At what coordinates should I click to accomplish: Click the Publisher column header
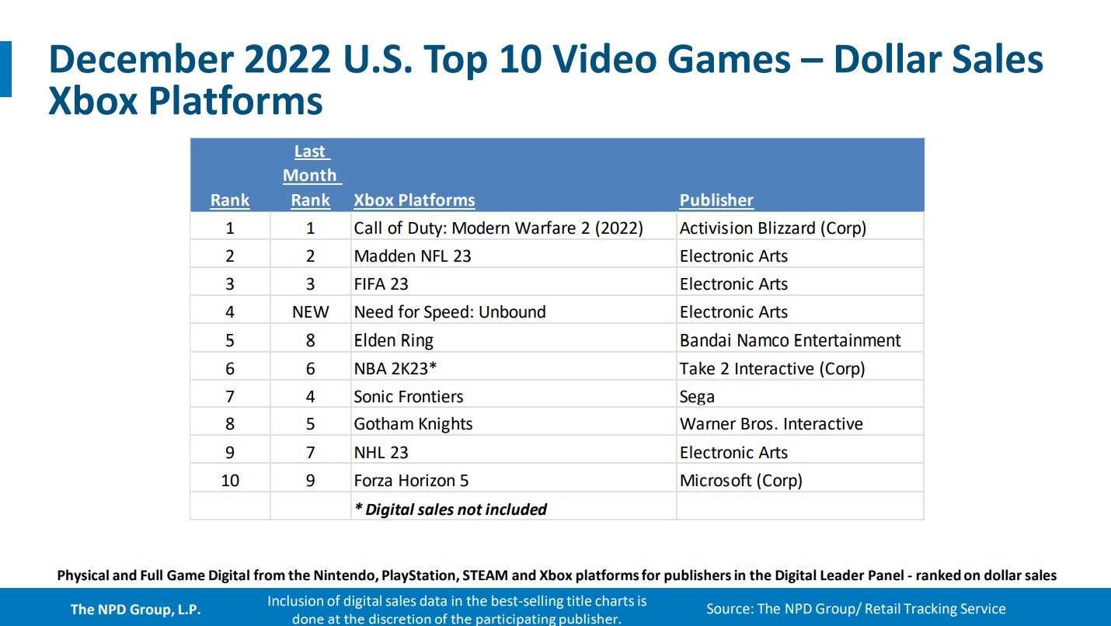[x=716, y=200]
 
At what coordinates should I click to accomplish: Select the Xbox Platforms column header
[x=414, y=200]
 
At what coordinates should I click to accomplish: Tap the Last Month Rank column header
[x=311, y=176]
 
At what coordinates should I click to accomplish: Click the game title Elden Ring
[x=393, y=340]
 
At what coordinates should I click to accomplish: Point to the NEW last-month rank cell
[x=311, y=312]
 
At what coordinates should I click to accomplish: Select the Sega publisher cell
[x=697, y=397]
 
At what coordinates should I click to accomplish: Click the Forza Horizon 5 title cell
[x=411, y=481]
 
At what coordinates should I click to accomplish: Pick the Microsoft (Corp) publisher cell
[x=740, y=481]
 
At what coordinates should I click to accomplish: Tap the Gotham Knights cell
[x=413, y=424]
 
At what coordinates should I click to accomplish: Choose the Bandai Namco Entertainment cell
[x=790, y=340]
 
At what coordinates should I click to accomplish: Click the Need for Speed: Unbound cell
[x=450, y=312]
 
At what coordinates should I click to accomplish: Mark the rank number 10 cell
[x=230, y=481]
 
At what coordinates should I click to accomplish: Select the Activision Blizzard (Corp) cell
[x=772, y=228]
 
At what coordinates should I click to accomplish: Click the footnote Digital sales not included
[x=451, y=509]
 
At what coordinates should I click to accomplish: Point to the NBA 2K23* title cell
[x=395, y=369]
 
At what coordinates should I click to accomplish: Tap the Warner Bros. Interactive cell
[x=771, y=424]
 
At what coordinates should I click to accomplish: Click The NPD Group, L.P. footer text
[x=135, y=610]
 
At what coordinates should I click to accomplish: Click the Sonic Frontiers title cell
[x=409, y=397]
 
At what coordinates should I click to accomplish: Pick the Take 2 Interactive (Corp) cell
[x=771, y=369]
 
